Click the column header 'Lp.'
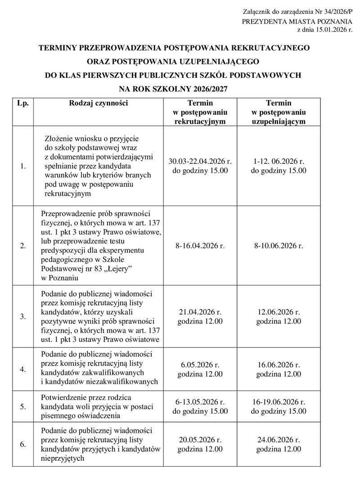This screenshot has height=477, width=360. pyautogui.click(x=23, y=103)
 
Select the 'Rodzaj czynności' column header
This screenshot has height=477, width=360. pyautogui.click(x=99, y=103)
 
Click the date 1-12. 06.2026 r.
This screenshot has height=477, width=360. pyautogui.click(x=279, y=162)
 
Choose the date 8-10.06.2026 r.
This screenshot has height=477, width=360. pyautogui.click(x=279, y=246)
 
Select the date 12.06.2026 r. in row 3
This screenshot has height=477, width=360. pyautogui.click(x=279, y=312)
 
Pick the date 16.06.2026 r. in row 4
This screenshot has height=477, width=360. pyautogui.click(x=279, y=365)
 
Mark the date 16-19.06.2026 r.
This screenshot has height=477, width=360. pyautogui.click(x=279, y=402)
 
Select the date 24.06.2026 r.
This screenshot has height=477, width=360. pyautogui.click(x=279, y=440)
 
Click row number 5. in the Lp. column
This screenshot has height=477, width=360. pyautogui.click(x=23, y=406)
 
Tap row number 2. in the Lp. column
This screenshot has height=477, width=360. pyautogui.click(x=23, y=246)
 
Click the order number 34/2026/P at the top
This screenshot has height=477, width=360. pyautogui.click(x=333, y=10)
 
